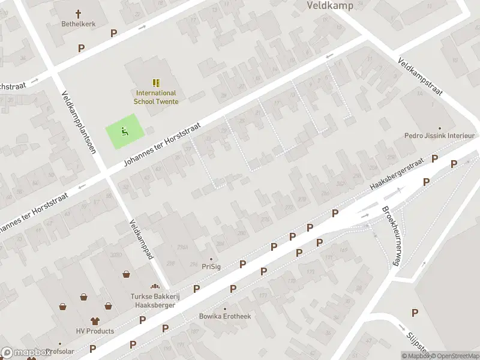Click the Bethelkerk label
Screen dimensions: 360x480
[x=79, y=24]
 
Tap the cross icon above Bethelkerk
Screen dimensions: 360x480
[x=79, y=13]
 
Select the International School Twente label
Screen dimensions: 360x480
[x=156, y=97]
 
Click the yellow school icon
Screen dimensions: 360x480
[x=156, y=83]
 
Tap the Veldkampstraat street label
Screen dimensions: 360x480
[x=420, y=77]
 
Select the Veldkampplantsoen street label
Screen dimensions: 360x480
[x=79, y=122]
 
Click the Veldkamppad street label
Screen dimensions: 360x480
[x=142, y=239]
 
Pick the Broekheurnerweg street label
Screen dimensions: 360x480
[x=390, y=236]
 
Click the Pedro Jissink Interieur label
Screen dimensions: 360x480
[x=439, y=136]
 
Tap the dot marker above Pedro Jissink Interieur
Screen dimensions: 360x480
[x=439, y=128]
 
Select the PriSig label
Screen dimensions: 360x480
[x=211, y=266]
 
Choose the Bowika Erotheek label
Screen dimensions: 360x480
[x=225, y=316]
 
